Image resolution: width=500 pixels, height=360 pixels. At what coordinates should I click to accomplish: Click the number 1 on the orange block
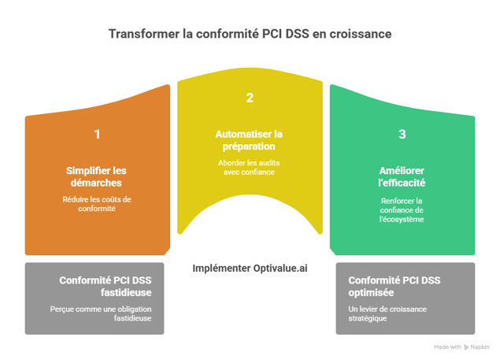(97, 135)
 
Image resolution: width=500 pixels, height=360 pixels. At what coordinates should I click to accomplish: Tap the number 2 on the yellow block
(250, 98)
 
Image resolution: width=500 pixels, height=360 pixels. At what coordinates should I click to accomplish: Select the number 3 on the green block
(402, 135)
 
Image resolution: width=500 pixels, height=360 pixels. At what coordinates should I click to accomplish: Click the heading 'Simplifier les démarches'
(97, 177)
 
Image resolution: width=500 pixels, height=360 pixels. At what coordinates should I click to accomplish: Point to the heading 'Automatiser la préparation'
(250, 141)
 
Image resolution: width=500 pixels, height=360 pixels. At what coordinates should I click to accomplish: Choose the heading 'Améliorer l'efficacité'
(402, 177)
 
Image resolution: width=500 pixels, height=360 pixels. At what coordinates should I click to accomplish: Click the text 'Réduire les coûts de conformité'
(97, 204)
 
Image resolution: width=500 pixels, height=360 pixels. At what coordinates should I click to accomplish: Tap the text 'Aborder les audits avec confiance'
(250, 167)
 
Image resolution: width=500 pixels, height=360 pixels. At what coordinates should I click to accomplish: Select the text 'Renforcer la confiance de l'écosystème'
(402, 210)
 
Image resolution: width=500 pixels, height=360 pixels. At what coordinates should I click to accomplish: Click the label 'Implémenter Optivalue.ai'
(250, 268)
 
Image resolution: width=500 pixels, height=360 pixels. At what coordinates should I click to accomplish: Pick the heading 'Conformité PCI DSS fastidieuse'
(105, 286)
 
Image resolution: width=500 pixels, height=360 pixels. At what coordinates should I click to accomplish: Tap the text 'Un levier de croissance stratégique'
(387, 314)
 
